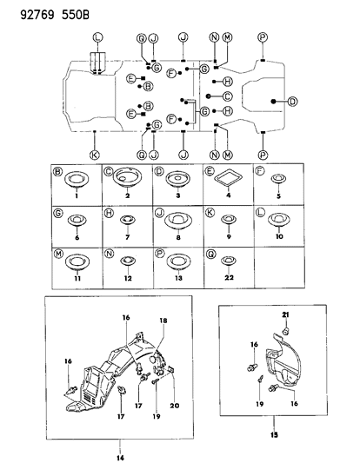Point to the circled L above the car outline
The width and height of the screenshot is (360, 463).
98,36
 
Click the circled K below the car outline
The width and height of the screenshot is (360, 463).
94,154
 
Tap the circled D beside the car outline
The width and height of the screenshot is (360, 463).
293,102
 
